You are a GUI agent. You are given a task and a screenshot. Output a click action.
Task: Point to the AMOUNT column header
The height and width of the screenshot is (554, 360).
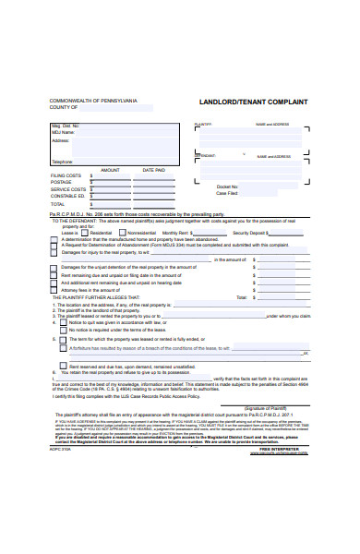109,170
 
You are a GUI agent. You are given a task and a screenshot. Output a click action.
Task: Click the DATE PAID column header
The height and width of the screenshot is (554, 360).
153,170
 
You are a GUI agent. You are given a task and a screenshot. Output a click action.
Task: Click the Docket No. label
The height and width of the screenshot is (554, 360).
227,187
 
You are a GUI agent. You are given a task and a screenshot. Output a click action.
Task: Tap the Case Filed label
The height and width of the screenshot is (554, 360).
227,194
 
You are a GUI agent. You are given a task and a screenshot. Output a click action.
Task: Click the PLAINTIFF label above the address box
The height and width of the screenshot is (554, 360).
203,124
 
